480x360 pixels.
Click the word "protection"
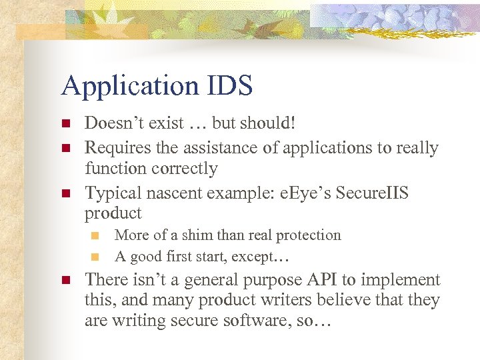(x=309, y=235)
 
